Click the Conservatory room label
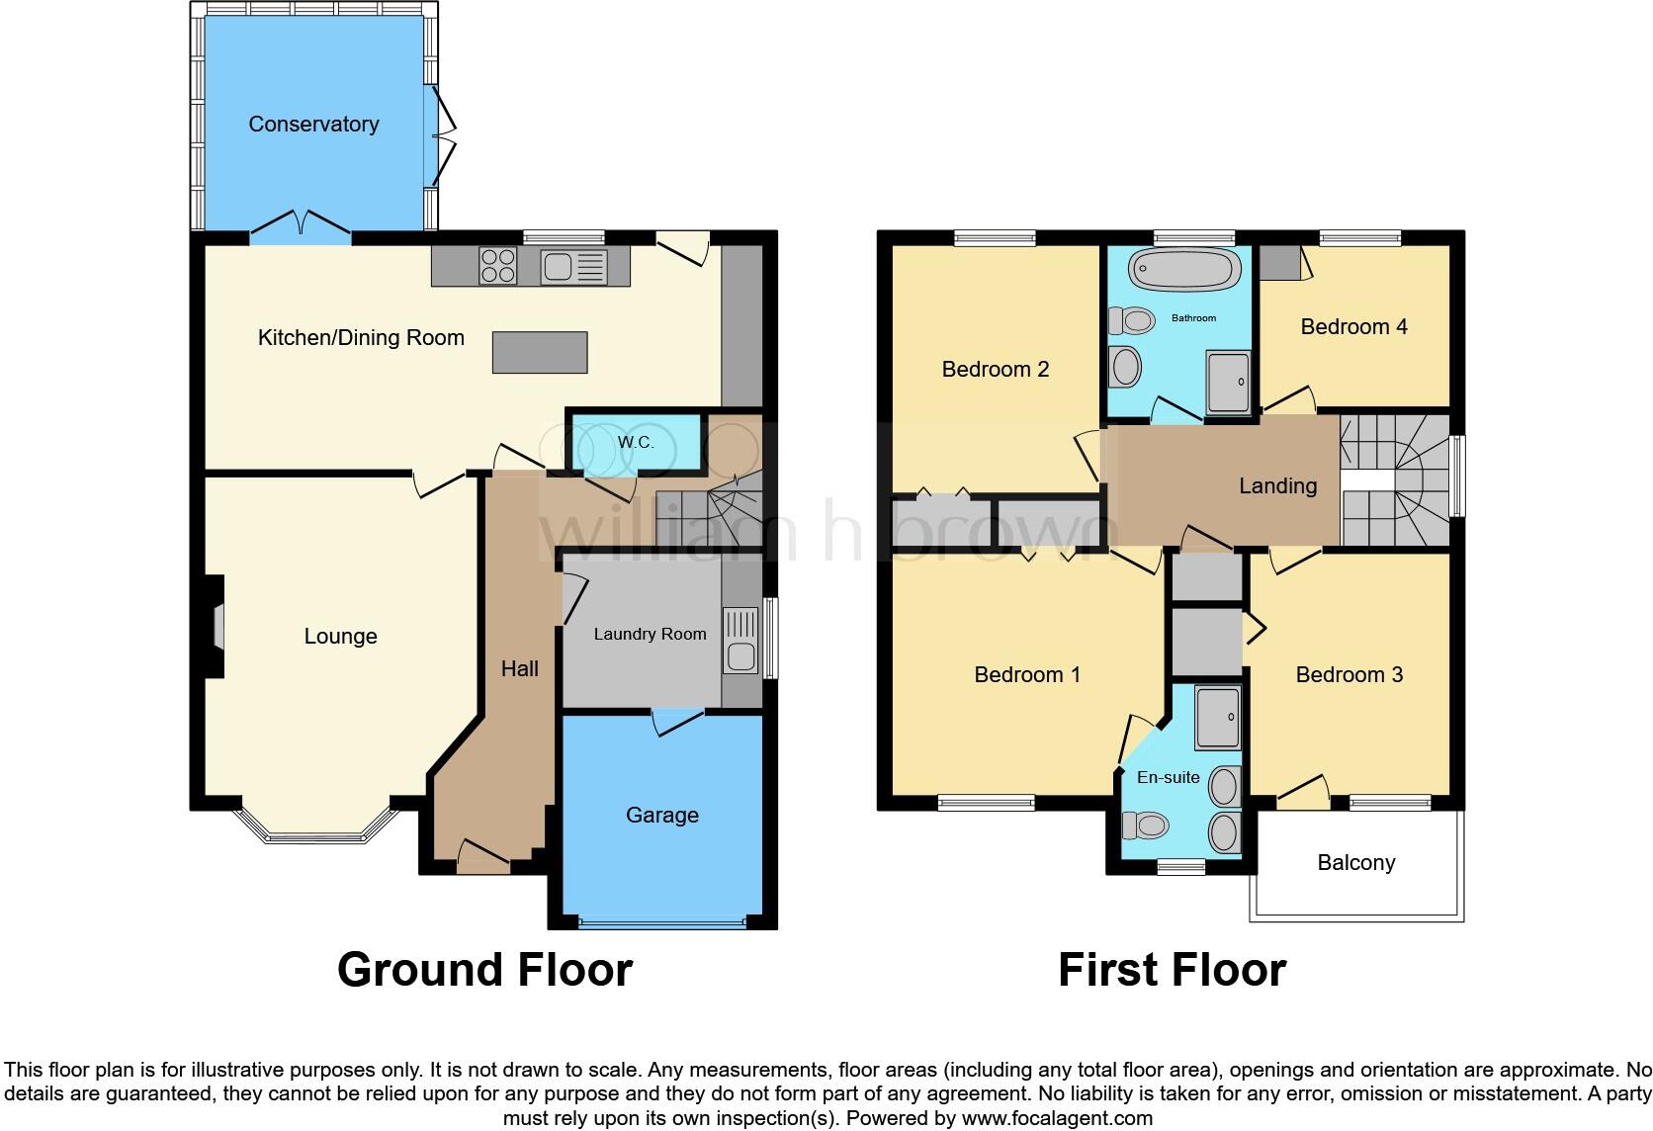click(313, 124)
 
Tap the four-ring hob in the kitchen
click(497, 266)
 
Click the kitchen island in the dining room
click(540, 352)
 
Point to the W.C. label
click(636, 442)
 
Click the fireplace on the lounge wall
click(215, 627)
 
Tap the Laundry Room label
click(650, 634)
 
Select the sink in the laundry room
click(739, 640)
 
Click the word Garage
click(661, 815)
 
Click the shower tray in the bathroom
click(1228, 382)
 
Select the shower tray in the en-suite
click(1217, 718)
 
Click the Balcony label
click(1355, 862)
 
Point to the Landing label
click(1277, 485)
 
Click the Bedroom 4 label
click(1353, 326)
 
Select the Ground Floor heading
click(484, 970)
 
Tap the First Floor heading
click(1172, 970)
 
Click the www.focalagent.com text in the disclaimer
click(1057, 1118)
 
